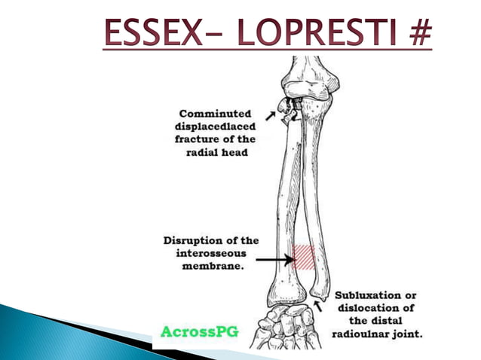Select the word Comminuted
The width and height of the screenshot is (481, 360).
pyautogui.click(x=214, y=114)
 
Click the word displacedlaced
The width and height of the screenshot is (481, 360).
pyautogui.click(x=215, y=127)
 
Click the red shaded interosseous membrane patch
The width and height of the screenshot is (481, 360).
pyautogui.click(x=304, y=257)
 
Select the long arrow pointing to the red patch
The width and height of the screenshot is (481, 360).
pyautogui.click(x=276, y=261)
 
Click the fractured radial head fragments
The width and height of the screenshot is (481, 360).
pyautogui.click(x=287, y=110)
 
